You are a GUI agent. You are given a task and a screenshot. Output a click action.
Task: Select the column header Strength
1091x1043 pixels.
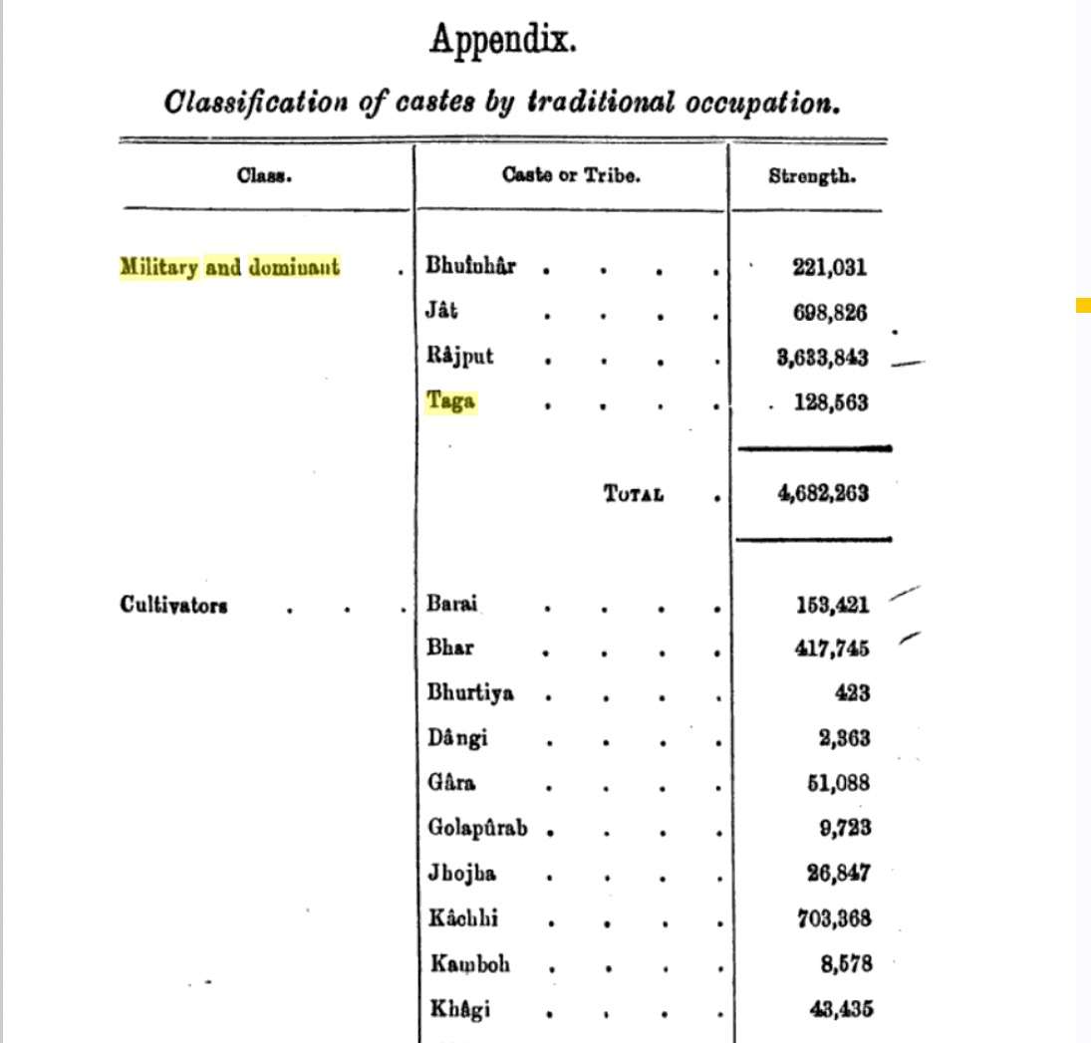coord(812,177)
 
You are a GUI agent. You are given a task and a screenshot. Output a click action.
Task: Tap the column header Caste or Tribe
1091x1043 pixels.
coord(571,176)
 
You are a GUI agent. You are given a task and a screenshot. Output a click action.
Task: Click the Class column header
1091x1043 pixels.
coord(264,177)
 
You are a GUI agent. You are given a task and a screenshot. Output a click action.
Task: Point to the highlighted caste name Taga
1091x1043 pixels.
coord(450,402)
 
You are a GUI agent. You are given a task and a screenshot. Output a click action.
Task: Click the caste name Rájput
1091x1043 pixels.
coord(459,357)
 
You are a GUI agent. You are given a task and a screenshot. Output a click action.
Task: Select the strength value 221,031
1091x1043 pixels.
coord(829,267)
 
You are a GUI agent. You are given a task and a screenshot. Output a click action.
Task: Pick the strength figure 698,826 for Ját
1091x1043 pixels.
coord(829,313)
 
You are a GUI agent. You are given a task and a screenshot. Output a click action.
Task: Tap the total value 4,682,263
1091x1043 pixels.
coord(822,493)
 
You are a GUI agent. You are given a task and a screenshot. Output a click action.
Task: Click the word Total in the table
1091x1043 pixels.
coord(633,494)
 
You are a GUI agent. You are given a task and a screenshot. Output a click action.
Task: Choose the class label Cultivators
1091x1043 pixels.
coord(173,605)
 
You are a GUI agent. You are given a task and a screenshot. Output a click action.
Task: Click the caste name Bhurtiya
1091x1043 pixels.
coord(470,693)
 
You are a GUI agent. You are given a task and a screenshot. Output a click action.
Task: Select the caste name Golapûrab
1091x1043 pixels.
coord(477,828)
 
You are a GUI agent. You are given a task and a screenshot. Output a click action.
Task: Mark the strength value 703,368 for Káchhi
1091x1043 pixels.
coord(833,918)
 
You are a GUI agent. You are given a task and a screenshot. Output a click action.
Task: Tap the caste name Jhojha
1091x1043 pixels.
coord(462,874)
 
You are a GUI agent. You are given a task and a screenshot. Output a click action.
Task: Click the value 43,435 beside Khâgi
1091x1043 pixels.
coord(839,1008)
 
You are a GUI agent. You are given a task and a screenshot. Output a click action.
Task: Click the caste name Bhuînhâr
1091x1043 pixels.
coord(470,267)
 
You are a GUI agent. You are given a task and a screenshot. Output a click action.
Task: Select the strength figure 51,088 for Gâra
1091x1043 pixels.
coord(838,783)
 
